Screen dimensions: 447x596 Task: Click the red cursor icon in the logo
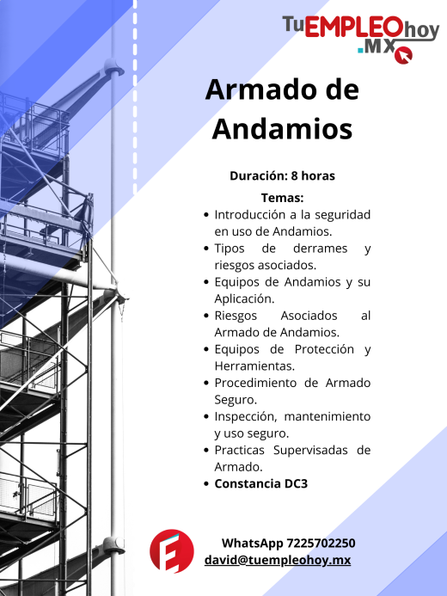coord(403,55)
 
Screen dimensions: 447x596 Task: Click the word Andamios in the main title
coord(282,129)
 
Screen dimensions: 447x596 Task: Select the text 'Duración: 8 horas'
coord(282,176)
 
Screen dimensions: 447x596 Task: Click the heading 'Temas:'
coord(282,198)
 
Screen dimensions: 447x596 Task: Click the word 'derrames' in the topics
coord(320,249)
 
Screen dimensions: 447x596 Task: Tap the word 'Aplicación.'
coord(244,299)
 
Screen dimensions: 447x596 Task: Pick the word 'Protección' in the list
coord(324,349)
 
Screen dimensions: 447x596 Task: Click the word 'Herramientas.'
coord(254,366)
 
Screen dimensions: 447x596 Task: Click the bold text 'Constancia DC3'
coord(261,484)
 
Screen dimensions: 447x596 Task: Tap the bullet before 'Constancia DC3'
coord(206,484)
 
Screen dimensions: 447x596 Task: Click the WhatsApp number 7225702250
coord(321,544)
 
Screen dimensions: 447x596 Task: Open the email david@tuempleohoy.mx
coord(278,560)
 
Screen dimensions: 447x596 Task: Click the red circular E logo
coord(172,551)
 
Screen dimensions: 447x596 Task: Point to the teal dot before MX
coord(360,50)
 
